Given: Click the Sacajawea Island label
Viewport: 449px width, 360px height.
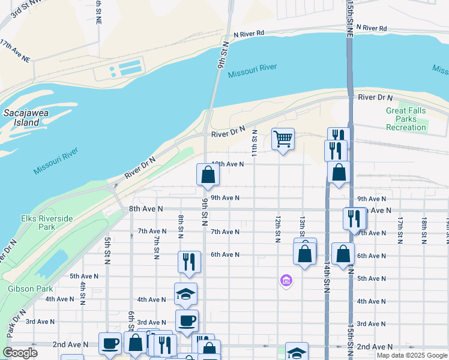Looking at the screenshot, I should [22, 118].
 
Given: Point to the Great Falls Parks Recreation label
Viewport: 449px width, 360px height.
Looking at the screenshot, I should [406, 119].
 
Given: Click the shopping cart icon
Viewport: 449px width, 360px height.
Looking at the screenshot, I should [283, 139].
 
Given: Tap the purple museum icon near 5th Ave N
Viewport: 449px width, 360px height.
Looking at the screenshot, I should [286, 280].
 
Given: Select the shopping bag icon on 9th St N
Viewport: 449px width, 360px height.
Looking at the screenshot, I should [208, 175].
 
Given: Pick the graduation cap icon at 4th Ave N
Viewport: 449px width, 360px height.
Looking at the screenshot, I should [185, 293].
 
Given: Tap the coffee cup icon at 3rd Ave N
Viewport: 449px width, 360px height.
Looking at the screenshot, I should [186, 320].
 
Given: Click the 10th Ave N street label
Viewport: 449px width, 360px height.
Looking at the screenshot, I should [228, 164].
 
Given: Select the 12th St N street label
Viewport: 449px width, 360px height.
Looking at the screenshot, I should [278, 230].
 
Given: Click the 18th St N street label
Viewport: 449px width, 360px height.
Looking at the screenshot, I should [424, 230].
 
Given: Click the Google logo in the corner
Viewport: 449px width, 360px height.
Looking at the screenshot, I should [20, 352].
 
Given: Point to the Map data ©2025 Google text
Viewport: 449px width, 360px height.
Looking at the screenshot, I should [412, 355].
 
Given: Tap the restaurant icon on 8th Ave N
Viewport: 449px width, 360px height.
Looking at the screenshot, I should [354, 218].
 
